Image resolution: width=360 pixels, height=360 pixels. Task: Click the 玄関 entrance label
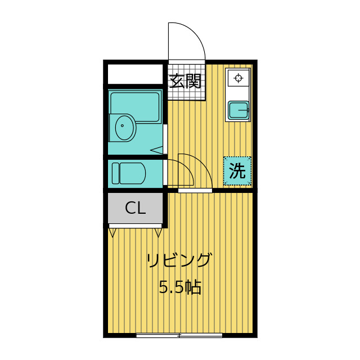point(185,81)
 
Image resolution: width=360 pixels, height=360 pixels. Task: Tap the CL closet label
point(136,208)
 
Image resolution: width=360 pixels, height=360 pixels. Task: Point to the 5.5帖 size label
point(180,287)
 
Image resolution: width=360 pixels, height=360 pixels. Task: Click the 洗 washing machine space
point(237,171)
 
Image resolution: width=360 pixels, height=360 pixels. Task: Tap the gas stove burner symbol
point(238,78)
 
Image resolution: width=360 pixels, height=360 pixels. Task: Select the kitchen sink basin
point(238,111)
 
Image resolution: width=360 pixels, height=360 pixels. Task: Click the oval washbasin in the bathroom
point(124,127)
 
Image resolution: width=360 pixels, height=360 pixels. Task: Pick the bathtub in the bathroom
point(135,107)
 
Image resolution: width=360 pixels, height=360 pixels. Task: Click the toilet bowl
point(132,173)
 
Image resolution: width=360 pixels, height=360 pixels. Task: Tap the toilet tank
point(115,173)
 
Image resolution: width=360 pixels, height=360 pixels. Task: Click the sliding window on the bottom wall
point(179,335)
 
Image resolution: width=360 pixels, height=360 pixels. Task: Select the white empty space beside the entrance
point(136,74)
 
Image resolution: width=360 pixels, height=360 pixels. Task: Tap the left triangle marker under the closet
point(112,232)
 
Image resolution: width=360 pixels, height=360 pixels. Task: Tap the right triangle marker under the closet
point(159,232)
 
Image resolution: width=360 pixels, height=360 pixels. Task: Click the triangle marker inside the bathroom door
point(156,150)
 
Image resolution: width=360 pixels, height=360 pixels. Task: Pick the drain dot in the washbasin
point(122,125)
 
